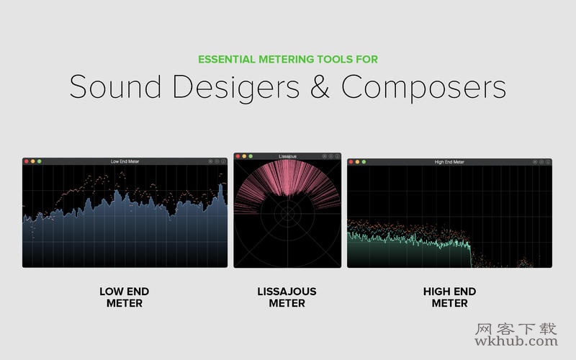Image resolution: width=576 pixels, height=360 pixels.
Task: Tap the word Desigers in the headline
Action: (x=236, y=87)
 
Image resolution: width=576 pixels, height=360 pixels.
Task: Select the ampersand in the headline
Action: (x=320, y=86)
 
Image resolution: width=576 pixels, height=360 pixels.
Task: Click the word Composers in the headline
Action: (x=423, y=87)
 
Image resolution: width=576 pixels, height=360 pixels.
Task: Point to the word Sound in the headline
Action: (x=115, y=86)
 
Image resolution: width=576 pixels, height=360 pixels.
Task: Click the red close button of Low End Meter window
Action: (x=27, y=161)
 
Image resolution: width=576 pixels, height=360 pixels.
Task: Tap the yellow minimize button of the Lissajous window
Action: (x=244, y=156)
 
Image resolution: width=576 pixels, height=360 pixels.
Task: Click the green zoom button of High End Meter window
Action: (x=364, y=161)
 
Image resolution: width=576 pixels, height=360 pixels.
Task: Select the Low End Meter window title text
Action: (x=125, y=161)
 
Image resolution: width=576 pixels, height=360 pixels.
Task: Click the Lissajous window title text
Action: (x=287, y=156)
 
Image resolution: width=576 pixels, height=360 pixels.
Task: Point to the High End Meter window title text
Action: (x=449, y=162)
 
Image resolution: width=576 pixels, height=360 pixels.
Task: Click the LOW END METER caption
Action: (x=124, y=297)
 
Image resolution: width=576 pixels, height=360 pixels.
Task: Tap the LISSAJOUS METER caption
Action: (x=287, y=297)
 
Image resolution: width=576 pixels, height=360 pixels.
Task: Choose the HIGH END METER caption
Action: (x=449, y=297)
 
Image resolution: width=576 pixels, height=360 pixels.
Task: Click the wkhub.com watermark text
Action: (x=516, y=341)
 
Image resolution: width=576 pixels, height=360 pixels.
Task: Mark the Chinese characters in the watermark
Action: (x=516, y=329)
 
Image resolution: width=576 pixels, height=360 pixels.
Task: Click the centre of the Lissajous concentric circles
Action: (x=287, y=212)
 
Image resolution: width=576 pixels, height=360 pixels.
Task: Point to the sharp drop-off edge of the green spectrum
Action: (x=471, y=256)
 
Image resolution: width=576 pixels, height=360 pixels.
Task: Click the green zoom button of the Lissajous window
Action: (x=251, y=156)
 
